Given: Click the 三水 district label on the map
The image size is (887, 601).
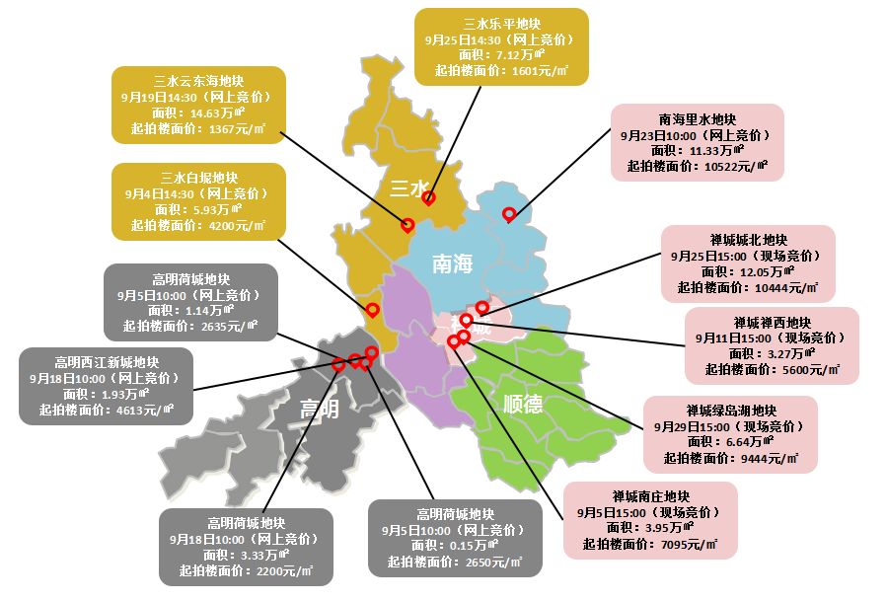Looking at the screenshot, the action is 407,188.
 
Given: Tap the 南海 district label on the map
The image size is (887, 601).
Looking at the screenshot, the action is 453,263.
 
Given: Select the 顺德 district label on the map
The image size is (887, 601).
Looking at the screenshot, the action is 523,405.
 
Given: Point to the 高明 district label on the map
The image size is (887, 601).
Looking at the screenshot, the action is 318,408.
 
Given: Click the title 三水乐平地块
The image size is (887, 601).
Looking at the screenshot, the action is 501,23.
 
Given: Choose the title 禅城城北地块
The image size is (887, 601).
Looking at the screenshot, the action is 748,240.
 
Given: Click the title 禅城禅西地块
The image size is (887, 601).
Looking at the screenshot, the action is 772,322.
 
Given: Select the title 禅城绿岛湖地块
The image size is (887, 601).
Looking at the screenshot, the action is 731,411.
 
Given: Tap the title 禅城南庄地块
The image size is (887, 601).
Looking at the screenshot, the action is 650,495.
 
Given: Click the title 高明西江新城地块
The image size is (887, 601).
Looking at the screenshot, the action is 107,361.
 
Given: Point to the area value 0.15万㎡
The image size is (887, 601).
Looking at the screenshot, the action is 468,546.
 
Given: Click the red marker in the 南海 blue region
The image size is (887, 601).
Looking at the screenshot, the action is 509,214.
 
